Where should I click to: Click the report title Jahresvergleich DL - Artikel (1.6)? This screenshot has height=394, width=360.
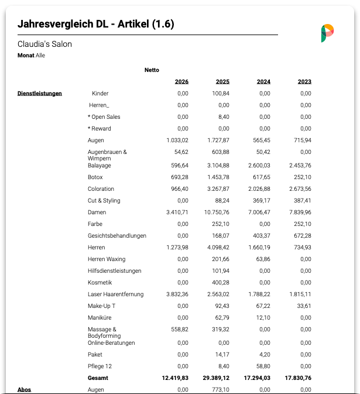pos(96,24)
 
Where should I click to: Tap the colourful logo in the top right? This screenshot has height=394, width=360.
pos(327,33)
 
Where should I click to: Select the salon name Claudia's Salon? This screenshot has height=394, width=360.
pos(45,44)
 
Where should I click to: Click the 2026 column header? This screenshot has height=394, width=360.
pos(181,81)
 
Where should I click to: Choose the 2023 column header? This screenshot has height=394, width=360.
pos(304,81)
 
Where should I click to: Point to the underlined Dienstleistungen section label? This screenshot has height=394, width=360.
pos(40,93)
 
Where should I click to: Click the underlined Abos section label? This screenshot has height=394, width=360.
pos(24,389)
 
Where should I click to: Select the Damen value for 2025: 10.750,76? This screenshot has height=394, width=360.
pos(215,212)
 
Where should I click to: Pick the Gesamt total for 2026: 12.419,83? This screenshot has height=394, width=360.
pos(175,378)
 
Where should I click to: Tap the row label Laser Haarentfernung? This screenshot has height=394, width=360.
pos(115,294)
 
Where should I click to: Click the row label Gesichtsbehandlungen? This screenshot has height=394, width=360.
pos(117,235)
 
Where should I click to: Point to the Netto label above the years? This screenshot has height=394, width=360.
pos(152,70)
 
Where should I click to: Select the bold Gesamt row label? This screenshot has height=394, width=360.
pos(98,378)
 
